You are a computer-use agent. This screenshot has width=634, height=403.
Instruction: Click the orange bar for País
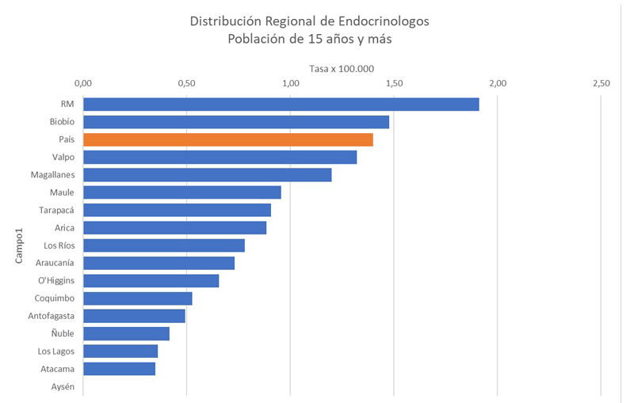coord(227,139)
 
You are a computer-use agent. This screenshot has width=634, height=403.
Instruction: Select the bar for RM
coord(281,105)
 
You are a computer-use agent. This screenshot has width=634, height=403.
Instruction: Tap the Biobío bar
coord(235,122)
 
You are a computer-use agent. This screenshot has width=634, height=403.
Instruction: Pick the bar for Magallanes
coord(207,175)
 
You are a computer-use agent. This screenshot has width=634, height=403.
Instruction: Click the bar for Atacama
coord(119,368)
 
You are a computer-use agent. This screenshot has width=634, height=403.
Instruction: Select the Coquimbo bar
coord(137,298)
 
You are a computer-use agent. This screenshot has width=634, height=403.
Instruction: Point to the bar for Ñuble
coord(126,333)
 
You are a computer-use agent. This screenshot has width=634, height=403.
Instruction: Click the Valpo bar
coord(220,157)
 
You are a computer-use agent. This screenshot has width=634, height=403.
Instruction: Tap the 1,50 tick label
coord(394,83)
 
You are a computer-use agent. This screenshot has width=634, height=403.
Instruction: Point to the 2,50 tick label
coord(601,83)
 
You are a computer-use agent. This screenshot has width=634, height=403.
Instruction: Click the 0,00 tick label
coord(83,83)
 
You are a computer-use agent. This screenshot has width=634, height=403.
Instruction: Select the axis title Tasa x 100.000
coord(342,68)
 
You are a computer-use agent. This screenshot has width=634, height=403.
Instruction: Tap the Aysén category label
coord(62,386)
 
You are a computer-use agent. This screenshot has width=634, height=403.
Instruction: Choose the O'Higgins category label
coord(55,280)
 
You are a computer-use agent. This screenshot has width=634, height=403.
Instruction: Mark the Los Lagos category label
coord(56,351)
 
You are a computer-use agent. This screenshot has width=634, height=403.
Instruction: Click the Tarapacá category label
coord(56,210)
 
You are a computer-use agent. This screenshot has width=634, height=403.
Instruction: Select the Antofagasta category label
coord(51,316)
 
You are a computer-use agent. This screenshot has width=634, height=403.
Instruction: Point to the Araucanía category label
coord(55,263)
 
